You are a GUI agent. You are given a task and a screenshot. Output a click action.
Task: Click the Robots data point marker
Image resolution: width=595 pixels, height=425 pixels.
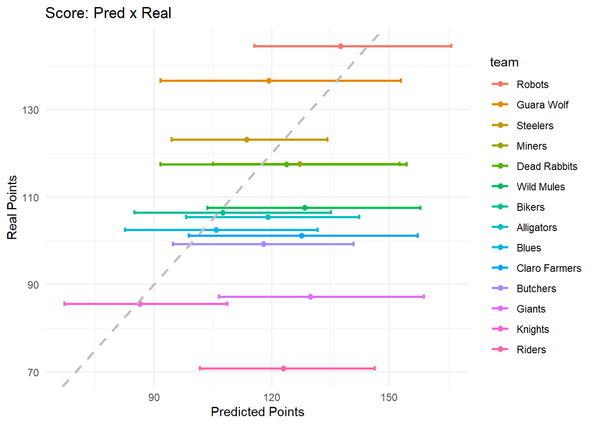[x=340, y=46]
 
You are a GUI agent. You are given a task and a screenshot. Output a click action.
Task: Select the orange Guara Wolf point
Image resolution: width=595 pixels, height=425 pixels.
[x=269, y=81]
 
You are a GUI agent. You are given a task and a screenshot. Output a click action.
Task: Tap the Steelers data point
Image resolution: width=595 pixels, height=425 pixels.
[x=247, y=139]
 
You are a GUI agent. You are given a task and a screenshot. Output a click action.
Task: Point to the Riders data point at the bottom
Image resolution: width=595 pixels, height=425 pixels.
[x=283, y=368]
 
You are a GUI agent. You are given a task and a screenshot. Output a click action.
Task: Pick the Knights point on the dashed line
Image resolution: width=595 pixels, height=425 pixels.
[x=140, y=304]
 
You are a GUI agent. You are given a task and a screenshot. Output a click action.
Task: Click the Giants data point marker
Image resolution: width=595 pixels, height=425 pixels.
[x=310, y=297]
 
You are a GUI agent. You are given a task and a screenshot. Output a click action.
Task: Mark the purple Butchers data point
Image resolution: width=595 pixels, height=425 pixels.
[x=264, y=244]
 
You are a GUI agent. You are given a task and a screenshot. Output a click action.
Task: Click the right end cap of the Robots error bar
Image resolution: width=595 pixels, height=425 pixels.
[x=451, y=46]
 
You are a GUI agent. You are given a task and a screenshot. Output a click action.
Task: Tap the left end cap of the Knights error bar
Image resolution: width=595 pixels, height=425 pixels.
[x=65, y=304]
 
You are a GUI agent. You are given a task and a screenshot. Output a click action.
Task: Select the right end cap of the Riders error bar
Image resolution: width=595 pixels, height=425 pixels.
[x=375, y=368]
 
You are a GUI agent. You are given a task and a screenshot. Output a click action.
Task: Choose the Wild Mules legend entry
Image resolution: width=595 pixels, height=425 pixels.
[x=541, y=187]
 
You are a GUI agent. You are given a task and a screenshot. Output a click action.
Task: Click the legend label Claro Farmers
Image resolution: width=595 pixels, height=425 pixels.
[x=549, y=268]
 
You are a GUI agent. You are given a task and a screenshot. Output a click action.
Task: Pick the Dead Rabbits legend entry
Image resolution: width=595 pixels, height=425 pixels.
[x=547, y=166]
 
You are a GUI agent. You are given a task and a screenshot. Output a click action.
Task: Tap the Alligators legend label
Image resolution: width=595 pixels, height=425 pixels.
[x=537, y=228]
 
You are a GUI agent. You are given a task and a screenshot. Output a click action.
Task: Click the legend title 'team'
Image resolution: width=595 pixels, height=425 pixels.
[x=504, y=62]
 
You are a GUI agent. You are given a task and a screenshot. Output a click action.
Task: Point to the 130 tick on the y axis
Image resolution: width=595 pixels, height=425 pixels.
[x=31, y=110]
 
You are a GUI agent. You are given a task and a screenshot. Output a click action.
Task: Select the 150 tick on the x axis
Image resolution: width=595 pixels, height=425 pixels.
[x=389, y=397]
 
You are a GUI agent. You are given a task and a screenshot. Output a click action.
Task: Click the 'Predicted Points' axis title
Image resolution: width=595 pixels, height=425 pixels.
[x=257, y=412]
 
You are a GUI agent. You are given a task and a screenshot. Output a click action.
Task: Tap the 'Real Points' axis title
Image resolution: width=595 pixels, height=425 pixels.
[x=12, y=207]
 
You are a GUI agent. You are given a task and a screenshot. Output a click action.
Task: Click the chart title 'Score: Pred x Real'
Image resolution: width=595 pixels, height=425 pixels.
[x=108, y=13]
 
